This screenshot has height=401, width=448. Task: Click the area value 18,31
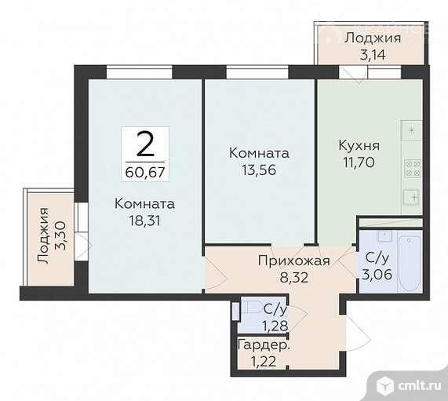coord(144,221)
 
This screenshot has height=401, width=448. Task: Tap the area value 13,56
coord(259,169)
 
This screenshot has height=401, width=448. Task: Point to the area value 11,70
coord(359,162)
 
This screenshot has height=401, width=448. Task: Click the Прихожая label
coord(293,261)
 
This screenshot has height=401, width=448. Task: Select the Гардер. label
coord(264,344)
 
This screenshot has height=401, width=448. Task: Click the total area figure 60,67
coord(144,169)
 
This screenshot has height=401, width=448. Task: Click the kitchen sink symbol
coord(410,195)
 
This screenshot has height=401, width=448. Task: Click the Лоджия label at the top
coord(372,38)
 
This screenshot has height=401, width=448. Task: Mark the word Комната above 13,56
coord(259,152)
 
